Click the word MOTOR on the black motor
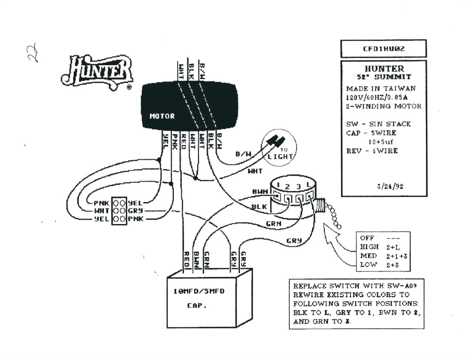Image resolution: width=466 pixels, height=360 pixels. (162, 116)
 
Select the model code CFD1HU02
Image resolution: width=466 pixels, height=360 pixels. (383, 48)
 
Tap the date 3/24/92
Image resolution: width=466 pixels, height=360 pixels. (390, 186)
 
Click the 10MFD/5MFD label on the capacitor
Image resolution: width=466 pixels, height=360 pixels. (199, 291)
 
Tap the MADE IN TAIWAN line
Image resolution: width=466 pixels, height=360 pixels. (381, 88)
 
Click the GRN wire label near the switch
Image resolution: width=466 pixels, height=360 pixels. (274, 224)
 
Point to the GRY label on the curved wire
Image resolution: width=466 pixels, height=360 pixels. (294, 241)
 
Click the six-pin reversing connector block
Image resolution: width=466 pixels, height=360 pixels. (120, 211)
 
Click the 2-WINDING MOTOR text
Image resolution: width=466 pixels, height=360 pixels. (384, 106)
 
